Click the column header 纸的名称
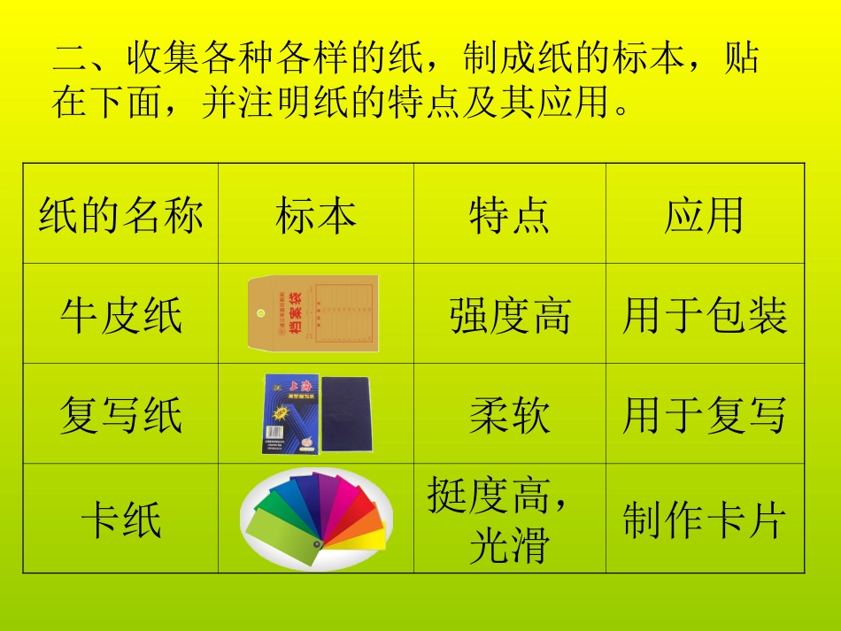[120, 215]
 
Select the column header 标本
[316, 215]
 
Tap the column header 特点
[509, 215]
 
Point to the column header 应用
[704, 215]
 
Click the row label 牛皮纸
[120, 315]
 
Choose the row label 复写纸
[120, 415]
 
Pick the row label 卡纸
[120, 519]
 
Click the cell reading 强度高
[509, 316]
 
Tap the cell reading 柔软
[509, 415]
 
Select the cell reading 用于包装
[705, 316]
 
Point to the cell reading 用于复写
[705, 415]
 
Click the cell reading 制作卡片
[705, 520]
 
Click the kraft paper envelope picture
[313, 312]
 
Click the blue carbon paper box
[288, 413]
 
